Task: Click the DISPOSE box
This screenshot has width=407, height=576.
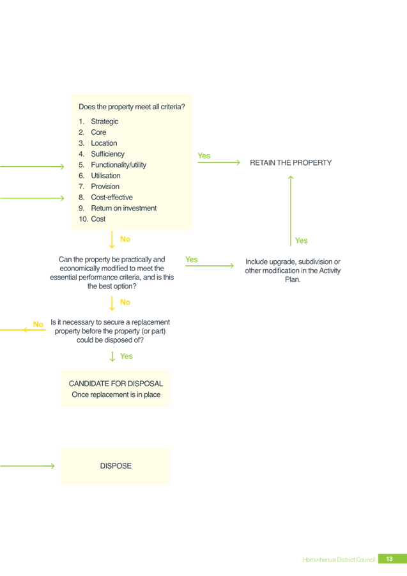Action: [115, 466]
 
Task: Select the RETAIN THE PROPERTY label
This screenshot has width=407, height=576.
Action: [291, 163]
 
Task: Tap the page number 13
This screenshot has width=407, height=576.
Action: [389, 559]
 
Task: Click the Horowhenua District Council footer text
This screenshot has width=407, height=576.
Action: [339, 559]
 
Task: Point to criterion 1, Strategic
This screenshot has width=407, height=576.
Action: [98, 121]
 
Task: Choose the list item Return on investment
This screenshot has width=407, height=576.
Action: [118, 208]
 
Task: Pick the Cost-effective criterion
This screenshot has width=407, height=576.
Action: [105, 198]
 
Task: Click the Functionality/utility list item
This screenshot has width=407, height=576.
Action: [112, 165]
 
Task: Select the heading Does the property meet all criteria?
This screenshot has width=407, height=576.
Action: [132, 107]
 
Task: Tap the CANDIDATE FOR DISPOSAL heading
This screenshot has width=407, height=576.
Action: [116, 384]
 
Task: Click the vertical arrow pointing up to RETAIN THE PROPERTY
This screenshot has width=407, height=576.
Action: [291, 210]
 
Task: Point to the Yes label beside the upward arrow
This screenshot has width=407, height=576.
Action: [302, 240]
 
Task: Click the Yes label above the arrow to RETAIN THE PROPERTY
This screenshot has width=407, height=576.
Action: [204, 156]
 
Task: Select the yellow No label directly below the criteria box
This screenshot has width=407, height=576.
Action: [125, 239]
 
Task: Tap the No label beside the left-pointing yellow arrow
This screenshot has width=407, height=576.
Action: [38, 324]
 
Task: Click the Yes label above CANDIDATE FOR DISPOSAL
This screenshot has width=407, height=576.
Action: [127, 356]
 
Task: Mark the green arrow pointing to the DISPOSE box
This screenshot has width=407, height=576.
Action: [27, 466]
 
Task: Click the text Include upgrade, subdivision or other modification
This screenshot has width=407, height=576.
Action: [293, 266]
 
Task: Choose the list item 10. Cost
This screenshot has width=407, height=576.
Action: [92, 219]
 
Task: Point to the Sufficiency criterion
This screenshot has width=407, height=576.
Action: [102, 154]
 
